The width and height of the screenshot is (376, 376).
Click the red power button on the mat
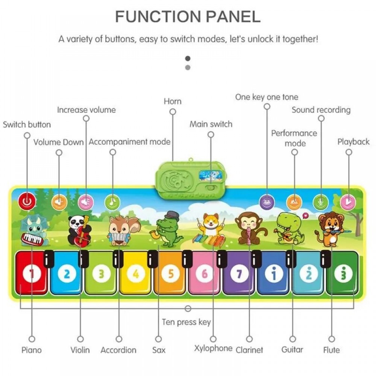point(27,201)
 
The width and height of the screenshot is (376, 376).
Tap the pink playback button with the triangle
point(348,202)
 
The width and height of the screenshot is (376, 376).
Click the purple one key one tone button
point(267,202)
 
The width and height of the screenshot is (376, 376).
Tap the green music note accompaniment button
point(112,202)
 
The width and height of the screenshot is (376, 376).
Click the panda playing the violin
point(79,231)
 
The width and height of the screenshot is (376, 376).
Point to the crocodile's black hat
point(171,215)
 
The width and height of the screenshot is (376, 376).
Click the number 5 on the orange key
point(170,274)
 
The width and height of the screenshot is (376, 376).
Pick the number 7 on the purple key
point(239,274)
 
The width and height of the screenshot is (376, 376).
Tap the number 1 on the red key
point(32,274)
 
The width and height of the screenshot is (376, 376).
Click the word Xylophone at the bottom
point(213,349)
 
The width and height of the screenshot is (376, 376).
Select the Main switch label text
point(211,124)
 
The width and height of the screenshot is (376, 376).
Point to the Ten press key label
point(186,322)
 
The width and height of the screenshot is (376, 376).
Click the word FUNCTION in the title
point(158,17)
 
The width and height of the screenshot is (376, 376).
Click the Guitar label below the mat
point(292,350)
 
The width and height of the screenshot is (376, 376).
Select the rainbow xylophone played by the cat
point(208,240)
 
